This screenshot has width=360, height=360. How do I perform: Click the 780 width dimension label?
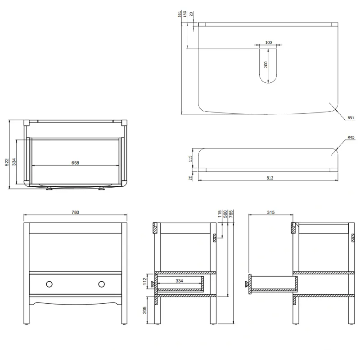coord(75,212)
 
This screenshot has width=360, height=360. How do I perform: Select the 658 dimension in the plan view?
coord(75,163)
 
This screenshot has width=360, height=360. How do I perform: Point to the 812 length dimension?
coord(270,178)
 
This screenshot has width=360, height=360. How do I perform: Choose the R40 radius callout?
coord(351,137)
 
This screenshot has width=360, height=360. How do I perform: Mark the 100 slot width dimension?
coord(269,42)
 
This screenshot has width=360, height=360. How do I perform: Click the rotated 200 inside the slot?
coord(266,64)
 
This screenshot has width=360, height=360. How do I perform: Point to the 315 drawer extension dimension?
coord(271,212)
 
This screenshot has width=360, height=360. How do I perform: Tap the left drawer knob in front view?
coord(49,283)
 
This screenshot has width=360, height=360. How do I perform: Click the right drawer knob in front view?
coord(102,283)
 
